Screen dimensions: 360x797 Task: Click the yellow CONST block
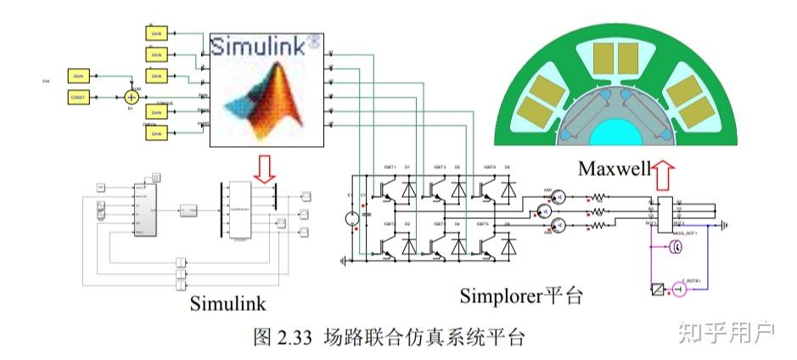[79, 98]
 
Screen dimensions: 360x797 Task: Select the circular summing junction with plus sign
[131, 98]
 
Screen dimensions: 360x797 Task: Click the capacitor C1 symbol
[366, 215]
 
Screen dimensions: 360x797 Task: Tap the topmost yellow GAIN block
[156, 32]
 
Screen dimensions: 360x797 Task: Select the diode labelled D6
[507, 245]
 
